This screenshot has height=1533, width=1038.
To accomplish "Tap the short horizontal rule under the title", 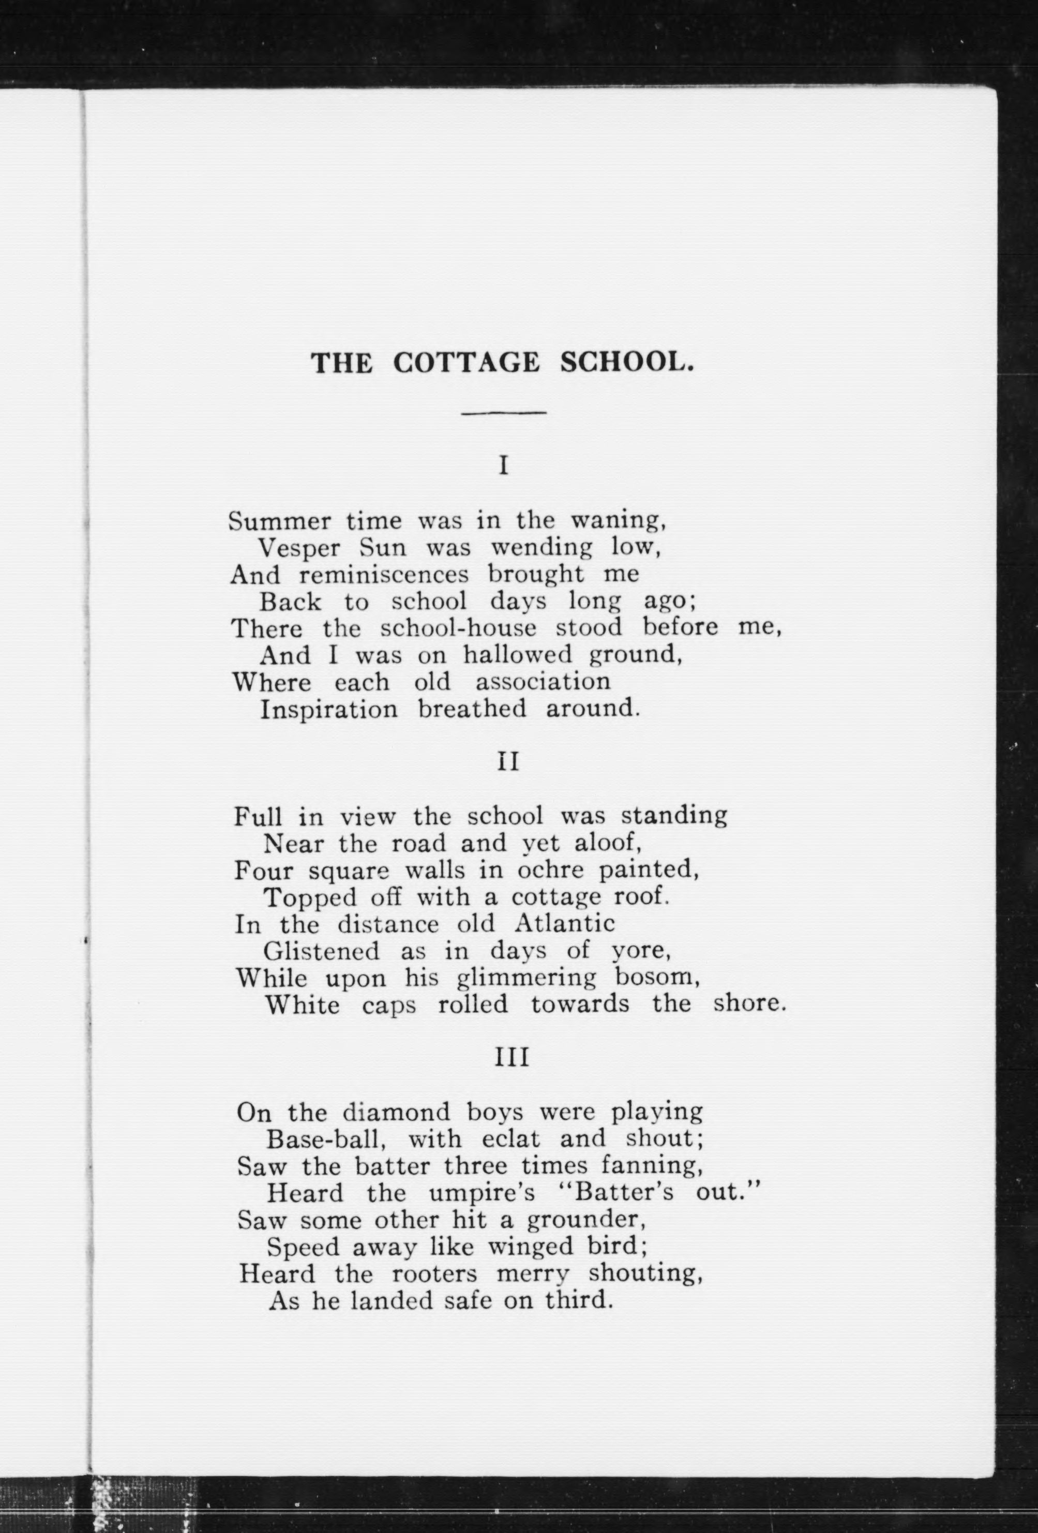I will pyautogui.click(x=504, y=413).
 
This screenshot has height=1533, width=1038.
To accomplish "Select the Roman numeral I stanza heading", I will pyautogui.click(x=503, y=467).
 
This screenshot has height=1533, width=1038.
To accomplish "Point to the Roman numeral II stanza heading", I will pyautogui.click(x=508, y=762).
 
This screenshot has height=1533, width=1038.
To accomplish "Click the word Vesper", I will pyautogui.click(x=299, y=548).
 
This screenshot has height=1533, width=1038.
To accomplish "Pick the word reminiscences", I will pyautogui.click(x=384, y=575).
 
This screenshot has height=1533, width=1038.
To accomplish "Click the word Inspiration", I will pyautogui.click(x=328, y=709).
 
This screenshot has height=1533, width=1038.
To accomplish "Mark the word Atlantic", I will pyautogui.click(x=564, y=924).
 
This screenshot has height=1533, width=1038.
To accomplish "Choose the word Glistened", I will pyautogui.click(x=321, y=951).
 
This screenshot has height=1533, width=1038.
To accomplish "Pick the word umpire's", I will pyautogui.click(x=488, y=1193).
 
